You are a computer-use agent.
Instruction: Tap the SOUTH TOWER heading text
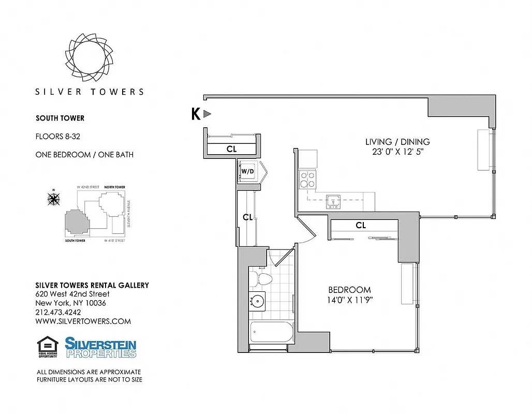pyautogui.click(x=60, y=118)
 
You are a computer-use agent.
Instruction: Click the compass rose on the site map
pyautogui.click(x=54, y=198)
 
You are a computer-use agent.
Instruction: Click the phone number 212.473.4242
pyautogui.click(x=58, y=312)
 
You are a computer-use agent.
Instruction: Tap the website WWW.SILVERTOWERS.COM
pyautogui.click(x=83, y=321)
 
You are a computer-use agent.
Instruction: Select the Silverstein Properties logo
pyautogui.click(x=100, y=347)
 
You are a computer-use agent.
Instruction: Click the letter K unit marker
pyautogui.click(x=196, y=114)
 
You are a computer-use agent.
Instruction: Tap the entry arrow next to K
pyautogui.click(x=207, y=114)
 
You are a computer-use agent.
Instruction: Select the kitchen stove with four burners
pyautogui.click(x=308, y=179)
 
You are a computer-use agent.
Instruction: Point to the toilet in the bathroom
pyautogui.click(x=262, y=280)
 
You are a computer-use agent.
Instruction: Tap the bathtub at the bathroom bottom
pyautogui.click(x=271, y=332)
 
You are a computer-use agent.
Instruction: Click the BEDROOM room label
pyautogui.click(x=350, y=290)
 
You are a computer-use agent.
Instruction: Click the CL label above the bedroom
pyautogui.click(x=361, y=226)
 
